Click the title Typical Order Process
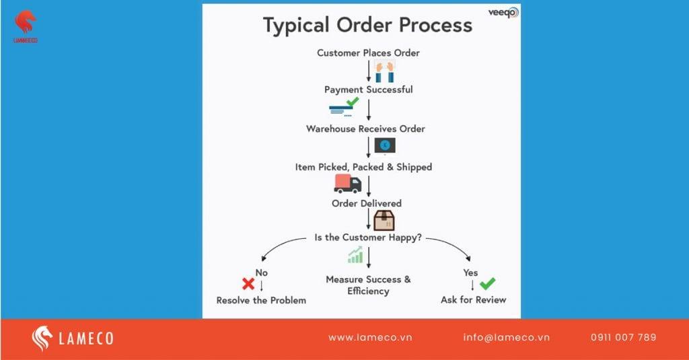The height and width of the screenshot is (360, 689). (367, 26)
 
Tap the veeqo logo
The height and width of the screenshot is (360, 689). (503, 11)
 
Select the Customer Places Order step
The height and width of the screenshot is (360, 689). (368, 52)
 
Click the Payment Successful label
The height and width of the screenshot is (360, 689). (368, 89)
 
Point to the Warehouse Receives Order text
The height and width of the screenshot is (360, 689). (365, 128)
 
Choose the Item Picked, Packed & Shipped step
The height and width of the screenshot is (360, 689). (363, 166)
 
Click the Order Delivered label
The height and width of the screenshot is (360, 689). (367, 203)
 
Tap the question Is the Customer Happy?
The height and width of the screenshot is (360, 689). (368, 237)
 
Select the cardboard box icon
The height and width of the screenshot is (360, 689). (384, 220)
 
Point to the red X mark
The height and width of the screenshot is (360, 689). (248, 283)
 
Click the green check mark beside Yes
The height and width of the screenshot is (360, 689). (487, 283)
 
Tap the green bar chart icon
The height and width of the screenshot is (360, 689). (355, 254)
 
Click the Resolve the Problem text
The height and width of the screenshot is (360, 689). (261, 300)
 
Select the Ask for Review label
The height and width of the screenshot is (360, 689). (473, 299)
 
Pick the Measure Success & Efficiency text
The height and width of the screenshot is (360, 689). (368, 285)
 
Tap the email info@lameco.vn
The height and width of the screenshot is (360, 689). (506, 337)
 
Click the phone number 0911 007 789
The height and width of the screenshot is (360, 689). (623, 337)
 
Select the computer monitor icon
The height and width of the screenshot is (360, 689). (385, 145)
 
